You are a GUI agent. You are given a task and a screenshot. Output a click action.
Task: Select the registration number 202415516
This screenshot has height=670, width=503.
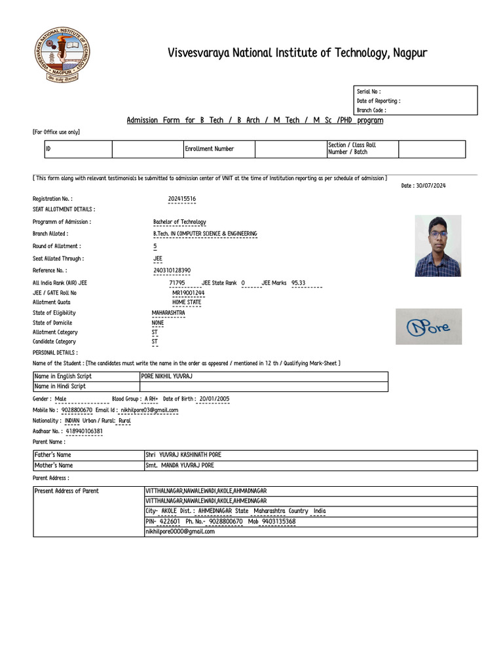(181, 198)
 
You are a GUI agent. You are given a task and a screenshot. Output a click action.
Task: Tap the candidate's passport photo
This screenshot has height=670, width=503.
(438, 245)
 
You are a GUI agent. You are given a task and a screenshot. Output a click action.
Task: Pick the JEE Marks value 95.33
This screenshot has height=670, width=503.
(298, 283)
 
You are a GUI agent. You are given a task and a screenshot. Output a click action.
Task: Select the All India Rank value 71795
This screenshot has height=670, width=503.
(177, 283)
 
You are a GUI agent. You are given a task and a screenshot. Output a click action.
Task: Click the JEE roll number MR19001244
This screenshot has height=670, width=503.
(188, 292)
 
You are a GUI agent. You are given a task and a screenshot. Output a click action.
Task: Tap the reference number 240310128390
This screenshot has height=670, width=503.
(172, 270)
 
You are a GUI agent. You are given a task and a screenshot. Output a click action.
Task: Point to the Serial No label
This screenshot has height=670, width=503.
(368, 92)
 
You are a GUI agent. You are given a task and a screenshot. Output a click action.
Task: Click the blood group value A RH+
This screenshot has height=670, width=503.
(151, 398)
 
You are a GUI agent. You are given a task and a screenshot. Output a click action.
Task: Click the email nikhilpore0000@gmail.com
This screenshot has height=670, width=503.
(179, 532)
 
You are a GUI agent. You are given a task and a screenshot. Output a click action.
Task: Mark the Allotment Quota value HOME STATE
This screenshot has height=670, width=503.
(187, 302)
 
